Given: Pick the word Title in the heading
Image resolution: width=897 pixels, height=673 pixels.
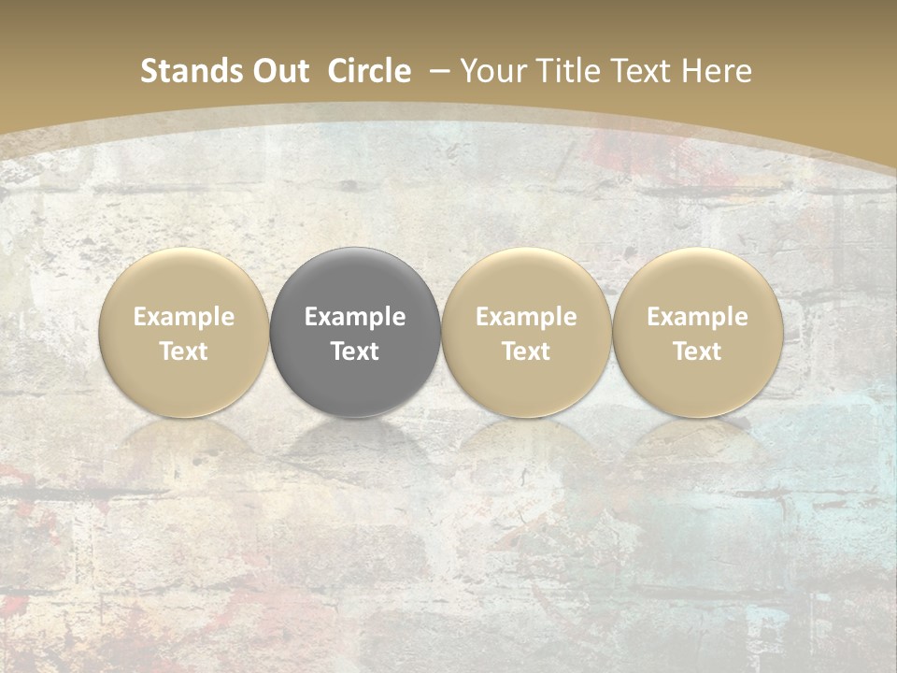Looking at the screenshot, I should pos(566,71).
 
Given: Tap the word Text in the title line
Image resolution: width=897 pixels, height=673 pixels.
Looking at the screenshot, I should pos(640,71).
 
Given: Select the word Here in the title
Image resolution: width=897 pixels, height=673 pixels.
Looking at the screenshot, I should pos(717,71).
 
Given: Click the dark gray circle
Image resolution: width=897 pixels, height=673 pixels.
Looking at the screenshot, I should pos(355,332).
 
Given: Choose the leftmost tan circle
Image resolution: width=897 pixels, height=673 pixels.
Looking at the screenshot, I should pos(183,332).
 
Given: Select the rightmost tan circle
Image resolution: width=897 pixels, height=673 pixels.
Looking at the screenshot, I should pos(697,332).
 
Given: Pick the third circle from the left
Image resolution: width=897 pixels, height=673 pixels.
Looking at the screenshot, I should pos(526,332).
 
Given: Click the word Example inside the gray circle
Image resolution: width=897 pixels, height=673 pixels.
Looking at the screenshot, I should pos(355,317).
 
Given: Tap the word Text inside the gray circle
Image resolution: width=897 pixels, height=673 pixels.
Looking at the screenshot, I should pos(355,351).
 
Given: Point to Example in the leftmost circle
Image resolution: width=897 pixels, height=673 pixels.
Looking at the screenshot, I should pos(183,317).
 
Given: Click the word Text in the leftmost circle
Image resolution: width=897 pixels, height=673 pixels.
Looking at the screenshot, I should pos(183,351).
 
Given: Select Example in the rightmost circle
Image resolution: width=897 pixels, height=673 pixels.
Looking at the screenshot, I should pos(697,317).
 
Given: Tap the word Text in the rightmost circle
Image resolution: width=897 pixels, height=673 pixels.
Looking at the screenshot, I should pos(697,351).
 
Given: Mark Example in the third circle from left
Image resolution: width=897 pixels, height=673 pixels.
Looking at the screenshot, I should pos(526,317).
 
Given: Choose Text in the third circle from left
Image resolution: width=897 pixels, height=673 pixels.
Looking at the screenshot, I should pos(526,351).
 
